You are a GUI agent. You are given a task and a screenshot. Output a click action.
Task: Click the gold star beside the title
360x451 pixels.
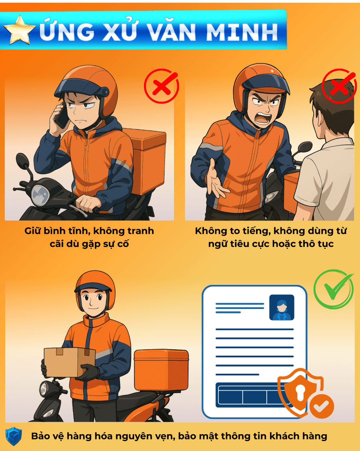[19, 30]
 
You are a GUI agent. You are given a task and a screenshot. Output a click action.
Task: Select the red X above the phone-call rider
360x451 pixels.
[162, 86]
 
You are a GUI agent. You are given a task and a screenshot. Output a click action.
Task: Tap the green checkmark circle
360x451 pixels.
[334, 289]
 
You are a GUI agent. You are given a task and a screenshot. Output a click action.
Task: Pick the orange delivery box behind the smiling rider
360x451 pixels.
[161, 370]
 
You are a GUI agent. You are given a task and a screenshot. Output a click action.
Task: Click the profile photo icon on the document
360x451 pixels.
[282, 307]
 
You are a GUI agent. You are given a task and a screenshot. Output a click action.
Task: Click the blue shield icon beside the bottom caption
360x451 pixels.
[14, 436]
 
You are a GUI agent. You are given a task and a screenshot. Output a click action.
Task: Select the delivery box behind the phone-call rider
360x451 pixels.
[147, 161]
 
